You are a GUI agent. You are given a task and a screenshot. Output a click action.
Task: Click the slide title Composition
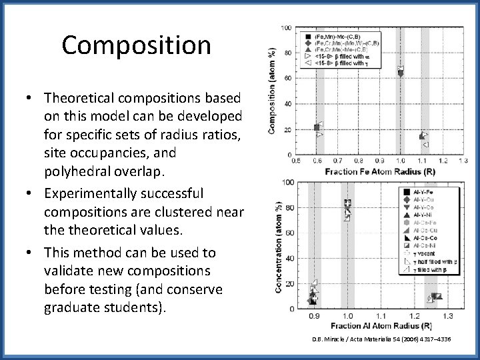coord(136,45)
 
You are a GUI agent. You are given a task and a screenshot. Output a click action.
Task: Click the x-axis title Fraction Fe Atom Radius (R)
coord(377,171)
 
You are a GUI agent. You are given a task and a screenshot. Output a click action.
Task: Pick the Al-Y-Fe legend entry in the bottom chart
coord(424,192)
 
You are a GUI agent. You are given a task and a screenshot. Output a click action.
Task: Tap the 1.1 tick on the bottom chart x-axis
coord(381,316)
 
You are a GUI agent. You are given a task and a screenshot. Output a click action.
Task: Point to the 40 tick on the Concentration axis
coord(289,259)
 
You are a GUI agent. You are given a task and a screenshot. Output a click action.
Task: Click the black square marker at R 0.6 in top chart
coord(317,127)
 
